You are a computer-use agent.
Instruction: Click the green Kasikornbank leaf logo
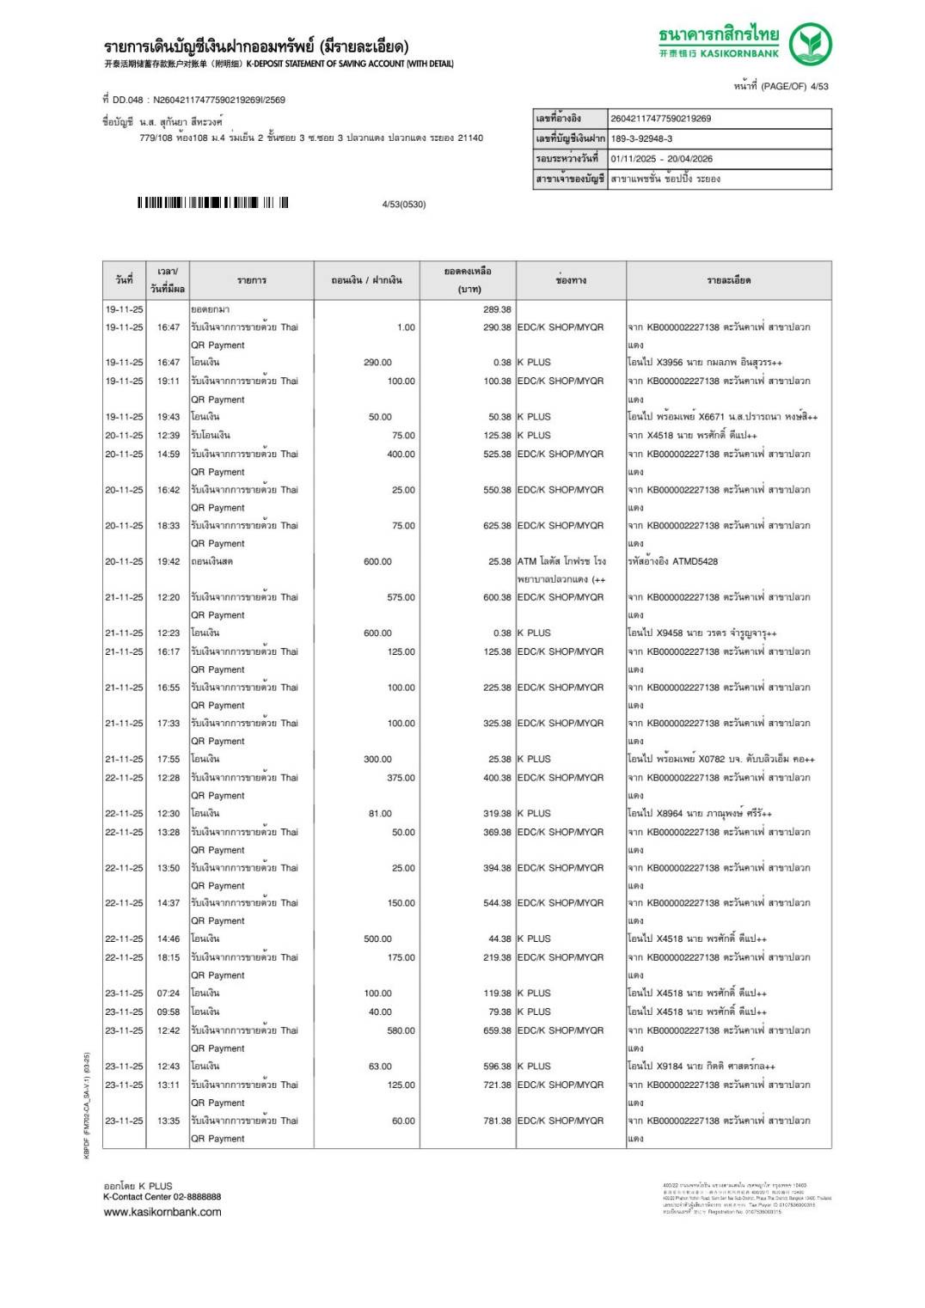[x=810, y=45]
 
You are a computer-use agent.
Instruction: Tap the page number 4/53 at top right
[x=818, y=86]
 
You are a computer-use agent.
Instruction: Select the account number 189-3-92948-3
[x=641, y=138]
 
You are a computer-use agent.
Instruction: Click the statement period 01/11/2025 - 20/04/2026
[x=661, y=158]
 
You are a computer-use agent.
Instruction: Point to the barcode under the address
[x=212, y=203]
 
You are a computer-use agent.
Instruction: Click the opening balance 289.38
[x=497, y=309]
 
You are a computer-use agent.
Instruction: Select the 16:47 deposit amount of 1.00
[x=406, y=327]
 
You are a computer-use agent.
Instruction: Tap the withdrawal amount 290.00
[x=377, y=363]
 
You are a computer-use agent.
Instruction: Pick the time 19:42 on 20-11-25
[x=168, y=561]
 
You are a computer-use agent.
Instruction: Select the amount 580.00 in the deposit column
[x=401, y=1030]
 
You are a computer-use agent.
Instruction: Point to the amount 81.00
[x=380, y=813]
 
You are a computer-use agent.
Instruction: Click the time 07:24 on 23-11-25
[x=168, y=993]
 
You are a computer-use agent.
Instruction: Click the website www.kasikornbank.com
[x=162, y=1212]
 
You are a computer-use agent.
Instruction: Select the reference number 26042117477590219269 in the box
[x=660, y=119]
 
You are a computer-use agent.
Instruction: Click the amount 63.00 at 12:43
[x=380, y=1067]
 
